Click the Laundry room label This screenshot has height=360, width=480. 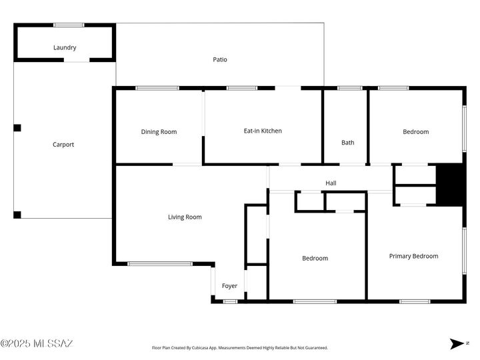(65, 47)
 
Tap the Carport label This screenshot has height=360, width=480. (63, 145)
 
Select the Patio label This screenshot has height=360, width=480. (220, 59)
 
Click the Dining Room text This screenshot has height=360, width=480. (159, 131)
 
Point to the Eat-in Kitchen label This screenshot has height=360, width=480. (263, 131)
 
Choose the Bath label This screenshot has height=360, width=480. (348, 142)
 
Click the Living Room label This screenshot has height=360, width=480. (184, 217)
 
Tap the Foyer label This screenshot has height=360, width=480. (229, 286)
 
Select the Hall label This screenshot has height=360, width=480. (331, 183)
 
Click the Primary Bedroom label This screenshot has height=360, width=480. (413, 256)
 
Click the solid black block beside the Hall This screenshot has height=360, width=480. (449, 185)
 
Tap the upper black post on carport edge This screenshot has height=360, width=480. (17, 127)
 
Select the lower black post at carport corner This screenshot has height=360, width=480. (17, 215)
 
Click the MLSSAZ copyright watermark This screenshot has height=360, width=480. (37, 344)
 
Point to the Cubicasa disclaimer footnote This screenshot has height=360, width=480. (240, 347)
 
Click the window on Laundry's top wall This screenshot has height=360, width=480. (68, 25)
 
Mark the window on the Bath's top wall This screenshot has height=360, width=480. (349, 88)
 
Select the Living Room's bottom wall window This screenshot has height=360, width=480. (160, 264)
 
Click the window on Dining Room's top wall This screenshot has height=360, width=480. (157, 88)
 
